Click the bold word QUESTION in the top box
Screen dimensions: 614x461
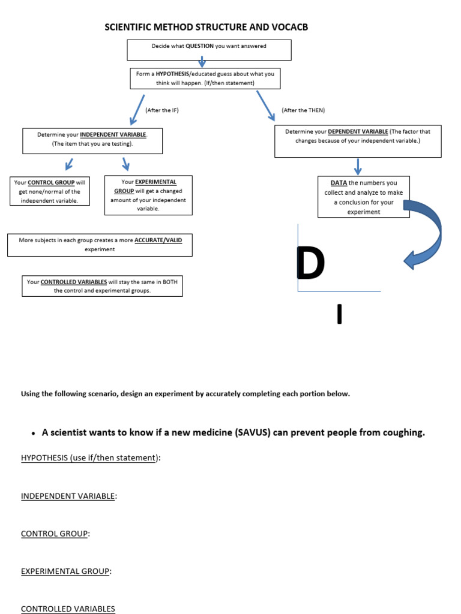[x=199, y=46]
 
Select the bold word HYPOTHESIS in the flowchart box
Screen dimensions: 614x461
[x=173, y=74]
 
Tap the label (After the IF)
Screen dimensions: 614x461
[x=162, y=110]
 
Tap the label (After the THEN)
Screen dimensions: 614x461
[x=303, y=110]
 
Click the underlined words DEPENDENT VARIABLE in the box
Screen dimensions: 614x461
[x=358, y=131]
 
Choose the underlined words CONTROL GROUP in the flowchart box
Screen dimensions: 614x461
[x=51, y=182]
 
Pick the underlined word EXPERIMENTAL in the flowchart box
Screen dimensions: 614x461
[x=155, y=182]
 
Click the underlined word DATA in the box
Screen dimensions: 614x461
[x=339, y=183]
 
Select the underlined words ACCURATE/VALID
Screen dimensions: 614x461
[x=158, y=240]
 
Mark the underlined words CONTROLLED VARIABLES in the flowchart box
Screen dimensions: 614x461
[x=74, y=281]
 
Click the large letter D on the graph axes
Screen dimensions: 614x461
[x=311, y=264]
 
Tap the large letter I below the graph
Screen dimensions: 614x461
[x=339, y=314]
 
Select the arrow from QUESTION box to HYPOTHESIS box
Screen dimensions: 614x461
[x=202, y=61]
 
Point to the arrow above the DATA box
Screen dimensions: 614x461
[x=358, y=166]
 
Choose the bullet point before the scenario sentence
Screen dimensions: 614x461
[x=31, y=433]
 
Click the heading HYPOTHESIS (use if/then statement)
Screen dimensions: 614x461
[x=91, y=458]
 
